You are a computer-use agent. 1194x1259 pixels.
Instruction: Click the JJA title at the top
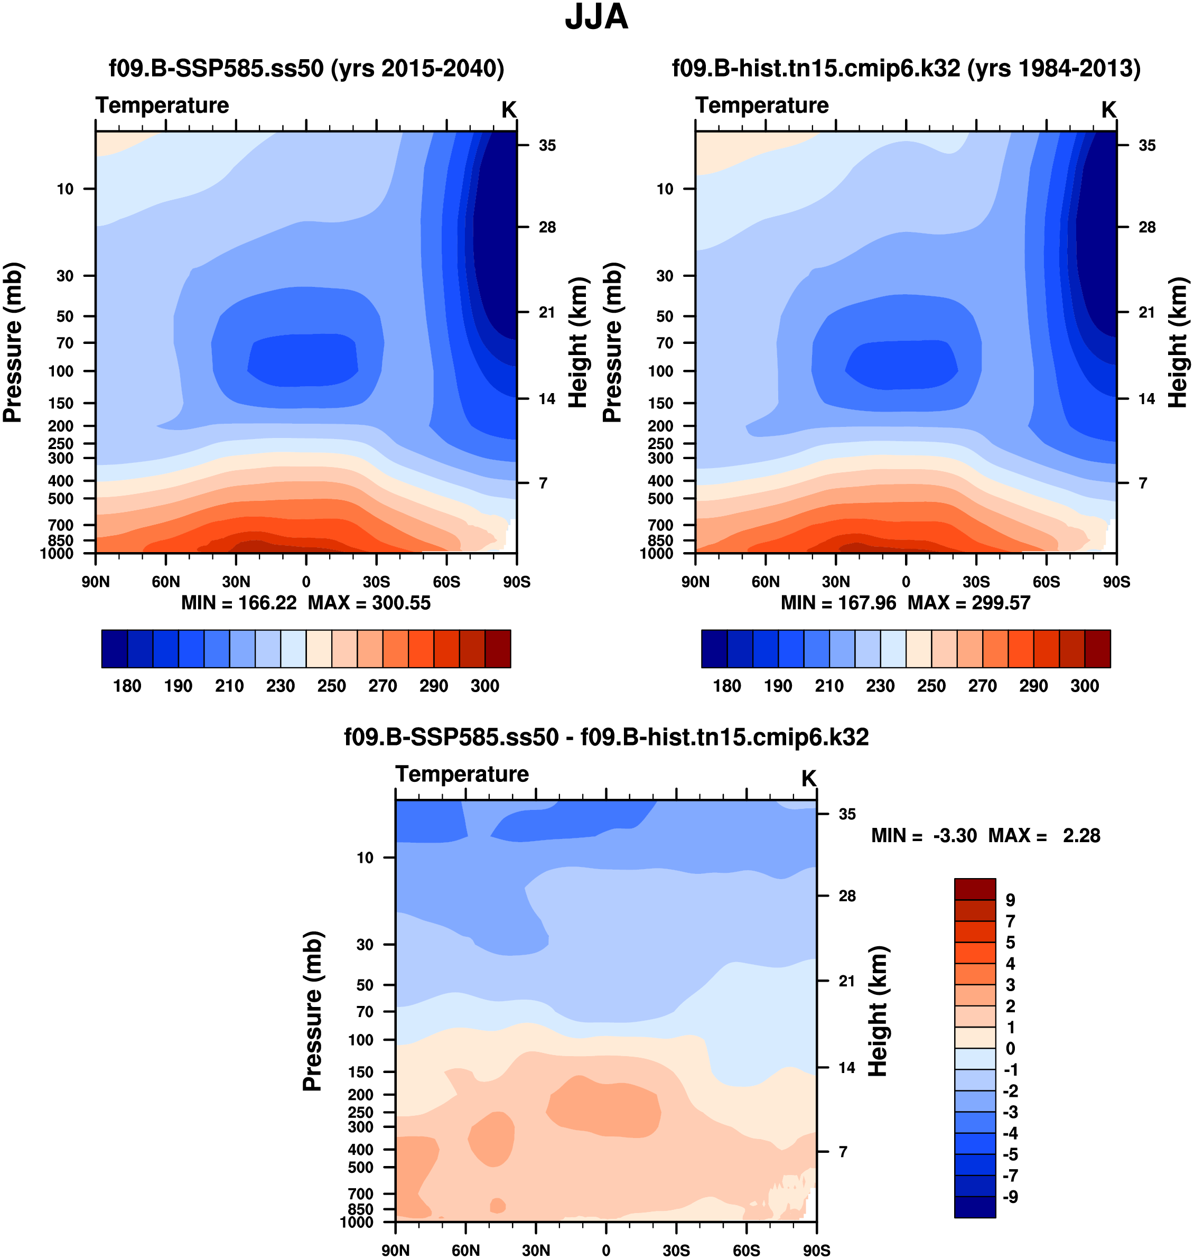(x=596, y=18)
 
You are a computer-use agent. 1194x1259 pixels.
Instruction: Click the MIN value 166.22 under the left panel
(x=267, y=603)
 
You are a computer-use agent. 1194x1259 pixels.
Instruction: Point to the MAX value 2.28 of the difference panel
(x=1081, y=835)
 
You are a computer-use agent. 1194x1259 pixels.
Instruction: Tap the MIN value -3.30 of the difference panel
(x=955, y=835)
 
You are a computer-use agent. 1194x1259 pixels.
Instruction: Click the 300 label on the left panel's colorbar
(x=484, y=686)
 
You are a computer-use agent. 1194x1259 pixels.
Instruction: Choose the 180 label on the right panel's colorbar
(x=727, y=686)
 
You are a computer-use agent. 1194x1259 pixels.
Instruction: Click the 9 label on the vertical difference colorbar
(x=1010, y=900)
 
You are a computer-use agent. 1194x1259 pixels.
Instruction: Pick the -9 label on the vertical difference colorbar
(x=1010, y=1197)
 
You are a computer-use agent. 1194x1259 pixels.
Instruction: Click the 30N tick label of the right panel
(x=836, y=582)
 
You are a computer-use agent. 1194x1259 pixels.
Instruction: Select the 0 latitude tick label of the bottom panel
(x=606, y=1250)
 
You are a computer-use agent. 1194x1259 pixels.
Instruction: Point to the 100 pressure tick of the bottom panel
(x=361, y=1039)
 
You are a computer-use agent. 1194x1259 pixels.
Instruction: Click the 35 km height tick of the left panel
(x=547, y=146)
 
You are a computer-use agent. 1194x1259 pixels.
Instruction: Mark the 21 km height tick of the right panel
(x=1147, y=313)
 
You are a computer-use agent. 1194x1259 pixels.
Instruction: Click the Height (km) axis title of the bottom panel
(x=878, y=1011)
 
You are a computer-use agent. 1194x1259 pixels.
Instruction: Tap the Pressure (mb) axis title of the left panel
(x=13, y=342)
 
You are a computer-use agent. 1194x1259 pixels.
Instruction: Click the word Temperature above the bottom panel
(x=462, y=774)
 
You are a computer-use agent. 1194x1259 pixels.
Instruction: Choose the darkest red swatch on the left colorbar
(x=498, y=649)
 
